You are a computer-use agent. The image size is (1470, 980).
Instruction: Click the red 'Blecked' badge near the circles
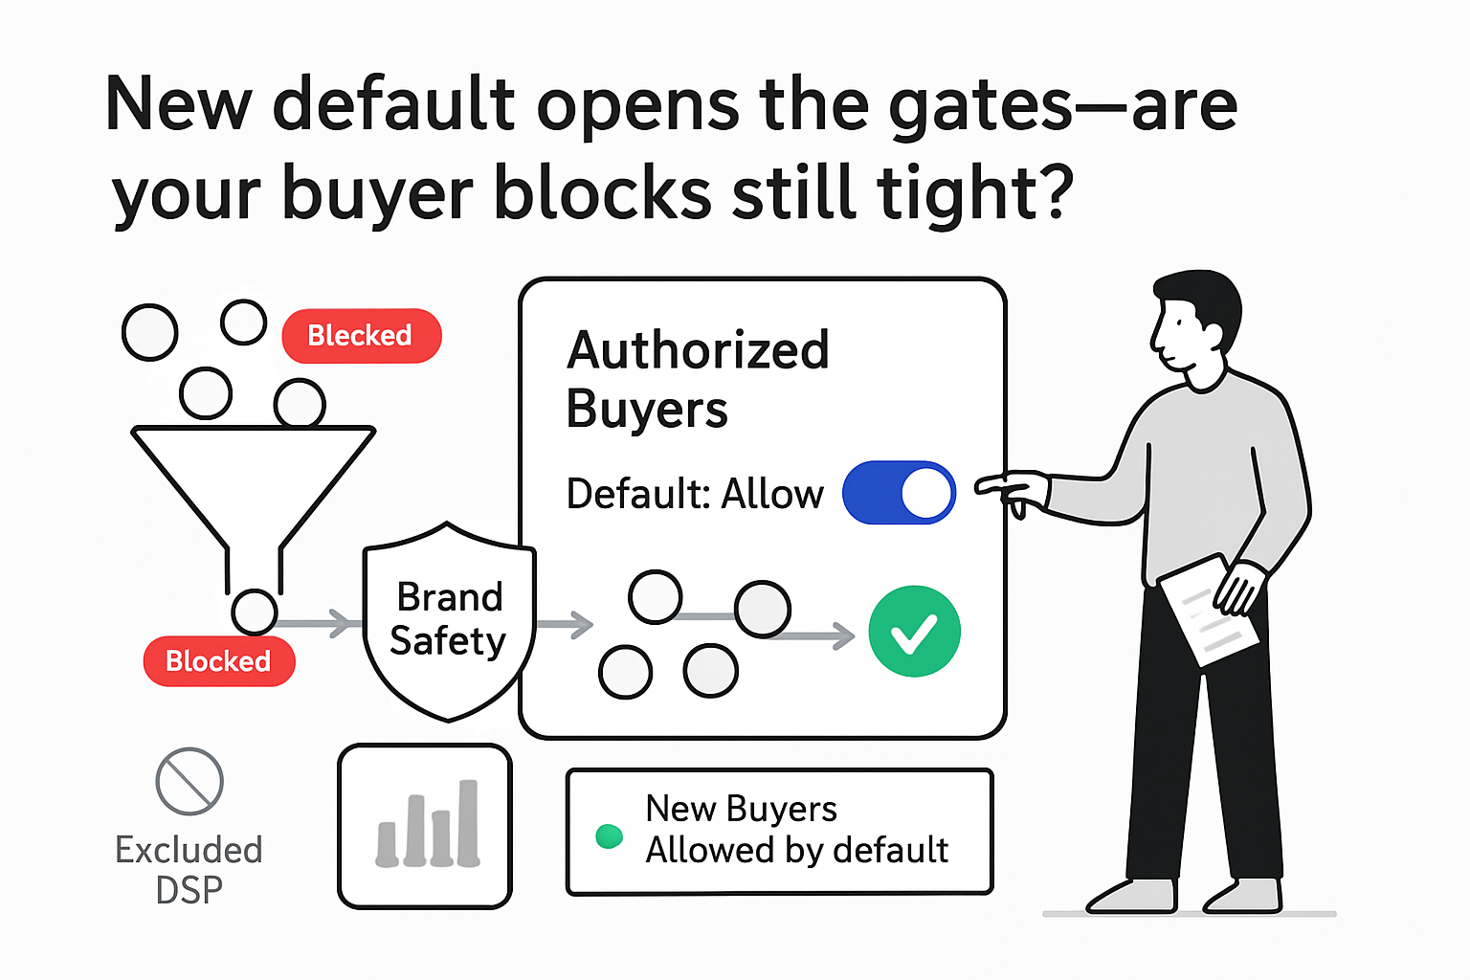click(362, 336)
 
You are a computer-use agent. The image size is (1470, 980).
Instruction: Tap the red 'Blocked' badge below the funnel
click(219, 661)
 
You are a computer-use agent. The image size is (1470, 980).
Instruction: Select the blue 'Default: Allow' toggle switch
click(899, 493)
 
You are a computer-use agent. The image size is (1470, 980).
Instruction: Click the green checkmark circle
click(914, 632)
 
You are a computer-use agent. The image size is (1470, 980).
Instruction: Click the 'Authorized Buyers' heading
click(698, 379)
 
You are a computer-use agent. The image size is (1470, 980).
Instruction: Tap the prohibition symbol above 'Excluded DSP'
click(189, 781)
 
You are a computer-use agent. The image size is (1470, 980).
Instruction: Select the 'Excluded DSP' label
click(189, 869)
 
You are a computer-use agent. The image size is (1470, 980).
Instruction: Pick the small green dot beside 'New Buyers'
click(609, 836)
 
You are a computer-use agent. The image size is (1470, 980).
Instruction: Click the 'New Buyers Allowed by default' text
click(796, 830)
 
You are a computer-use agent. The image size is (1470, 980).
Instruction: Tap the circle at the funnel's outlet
click(255, 611)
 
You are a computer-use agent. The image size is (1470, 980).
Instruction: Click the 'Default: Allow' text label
click(695, 495)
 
